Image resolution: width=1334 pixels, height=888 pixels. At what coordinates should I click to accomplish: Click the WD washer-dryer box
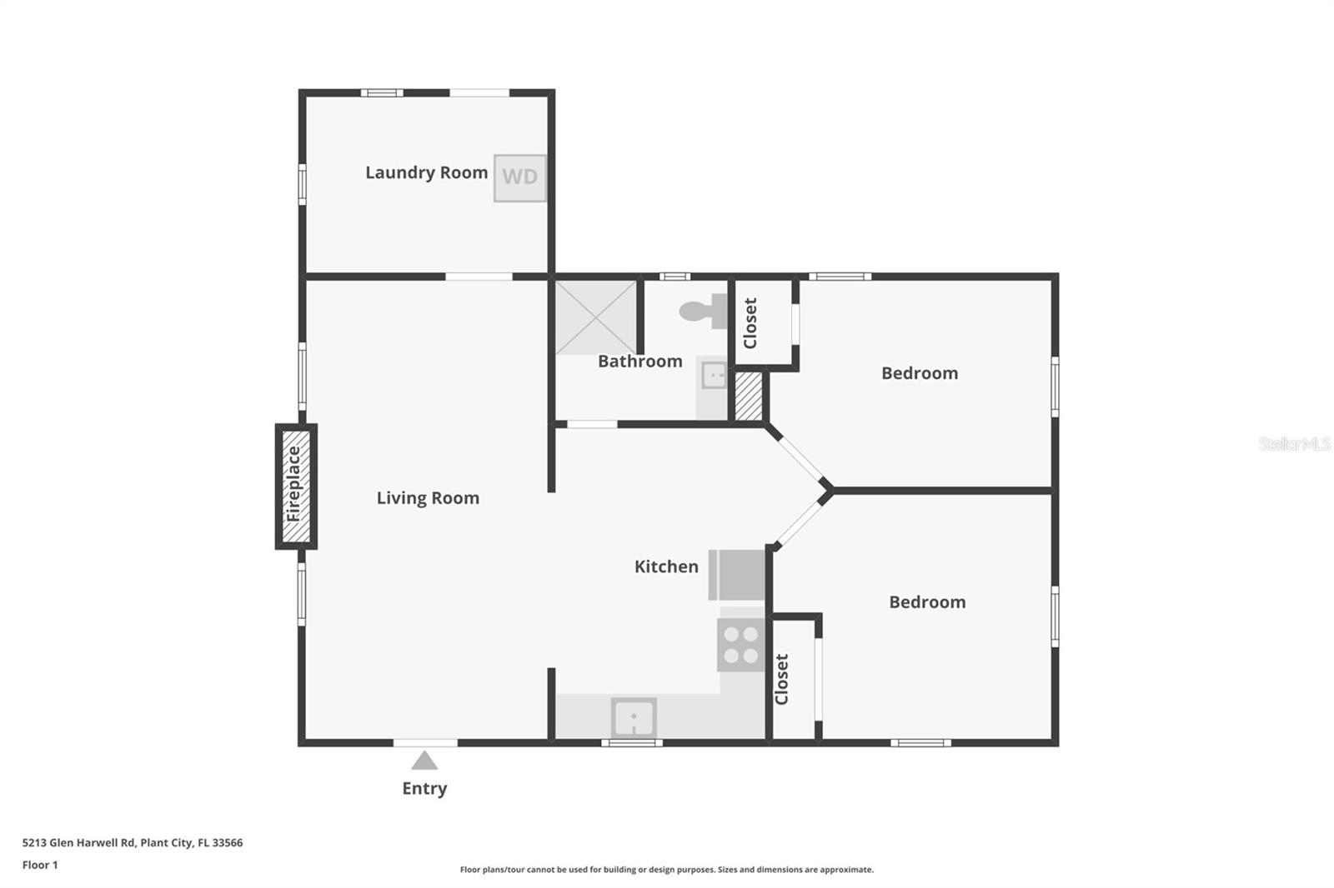click(x=519, y=177)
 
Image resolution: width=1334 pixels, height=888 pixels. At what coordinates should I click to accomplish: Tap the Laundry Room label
click(x=426, y=172)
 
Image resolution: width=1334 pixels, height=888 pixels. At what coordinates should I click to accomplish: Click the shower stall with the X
click(x=596, y=317)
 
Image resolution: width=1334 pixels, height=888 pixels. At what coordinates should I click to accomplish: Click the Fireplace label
click(x=293, y=485)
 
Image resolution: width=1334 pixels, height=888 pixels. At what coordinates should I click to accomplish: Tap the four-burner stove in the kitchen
click(x=740, y=645)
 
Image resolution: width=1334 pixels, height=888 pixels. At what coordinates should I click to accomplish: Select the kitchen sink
click(x=634, y=717)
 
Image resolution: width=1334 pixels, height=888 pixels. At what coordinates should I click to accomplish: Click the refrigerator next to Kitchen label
click(x=737, y=575)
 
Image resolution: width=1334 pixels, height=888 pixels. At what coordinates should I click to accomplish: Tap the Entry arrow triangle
click(x=424, y=761)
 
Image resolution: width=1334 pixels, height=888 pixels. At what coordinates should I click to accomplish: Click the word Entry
click(x=424, y=788)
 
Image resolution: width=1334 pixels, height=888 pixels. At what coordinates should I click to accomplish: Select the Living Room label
click(x=428, y=498)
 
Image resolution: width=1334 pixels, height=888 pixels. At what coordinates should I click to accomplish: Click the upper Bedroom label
click(x=920, y=373)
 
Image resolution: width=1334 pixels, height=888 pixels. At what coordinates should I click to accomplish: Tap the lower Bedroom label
click(x=927, y=602)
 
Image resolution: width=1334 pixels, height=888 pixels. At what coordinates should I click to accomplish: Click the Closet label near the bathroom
click(x=750, y=323)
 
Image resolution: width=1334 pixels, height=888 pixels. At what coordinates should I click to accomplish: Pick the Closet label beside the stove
click(x=782, y=679)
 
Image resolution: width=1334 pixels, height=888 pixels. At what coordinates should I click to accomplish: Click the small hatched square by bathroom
click(x=749, y=397)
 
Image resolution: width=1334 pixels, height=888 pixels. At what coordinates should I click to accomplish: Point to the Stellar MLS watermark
click(x=1293, y=444)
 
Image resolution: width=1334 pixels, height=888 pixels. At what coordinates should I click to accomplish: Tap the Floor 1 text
click(x=40, y=865)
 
